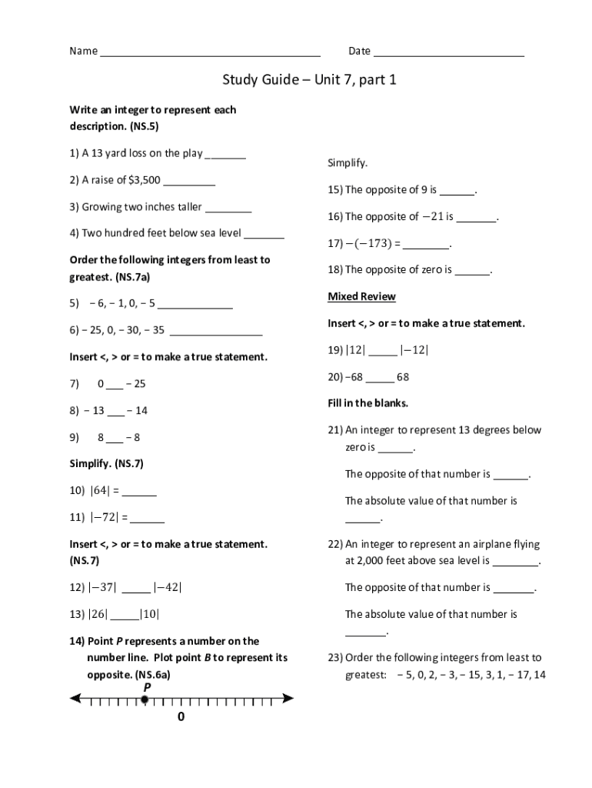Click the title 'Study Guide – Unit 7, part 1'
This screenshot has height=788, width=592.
point(309,79)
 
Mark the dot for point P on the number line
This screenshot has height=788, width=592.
point(145,699)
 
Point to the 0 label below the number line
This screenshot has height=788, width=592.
point(181,717)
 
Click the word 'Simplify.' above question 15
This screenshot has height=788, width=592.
point(348,163)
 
